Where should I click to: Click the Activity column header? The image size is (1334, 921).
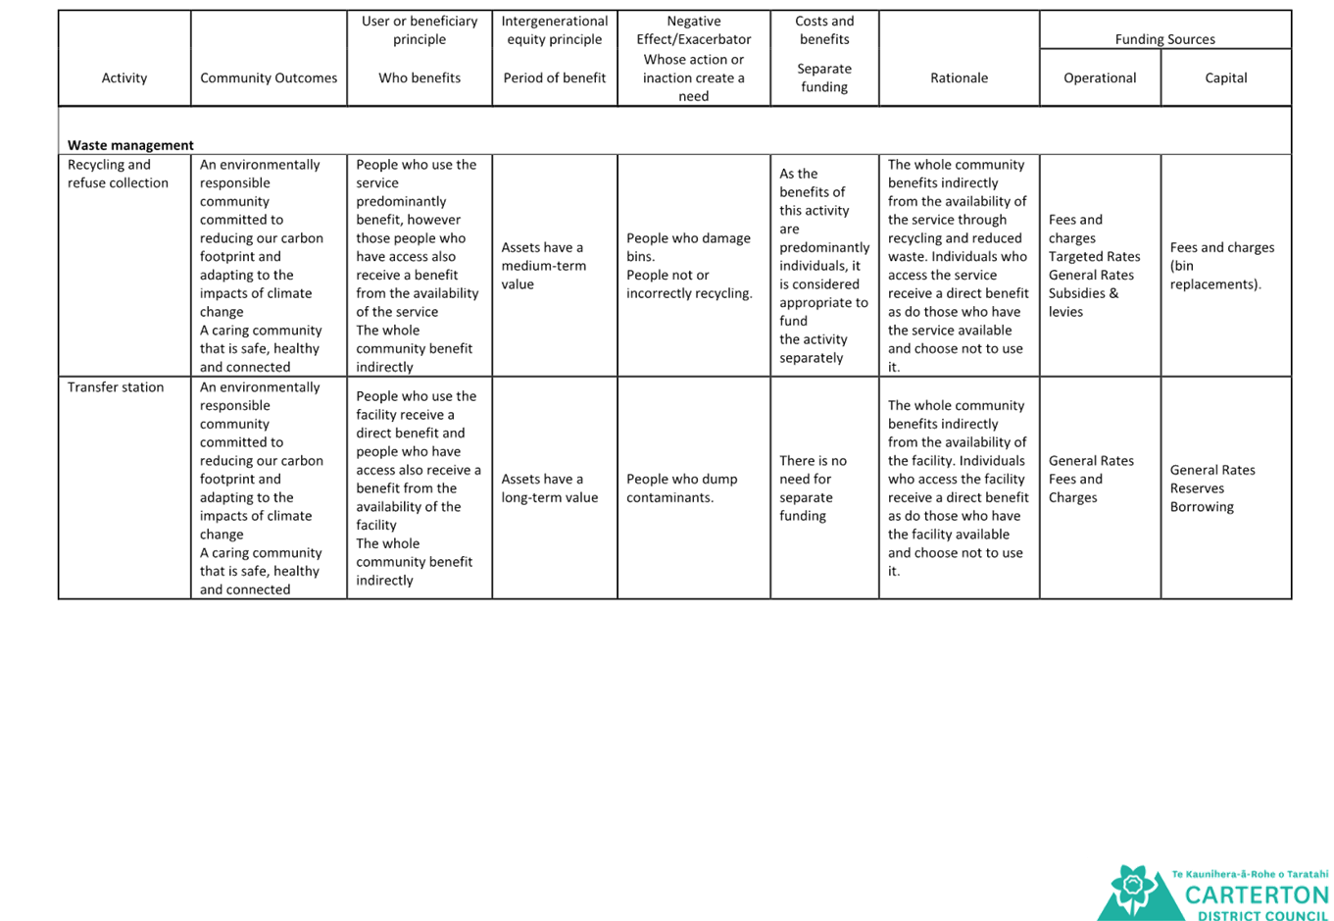[x=124, y=77]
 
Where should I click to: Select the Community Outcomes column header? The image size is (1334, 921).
[x=269, y=77]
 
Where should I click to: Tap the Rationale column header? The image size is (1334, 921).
[x=959, y=77]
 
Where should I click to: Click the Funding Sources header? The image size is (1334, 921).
[x=1164, y=39]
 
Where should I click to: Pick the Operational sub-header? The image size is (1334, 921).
[x=1100, y=77]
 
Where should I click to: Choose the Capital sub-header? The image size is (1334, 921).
[x=1225, y=77]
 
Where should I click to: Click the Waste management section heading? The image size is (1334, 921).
[x=130, y=145]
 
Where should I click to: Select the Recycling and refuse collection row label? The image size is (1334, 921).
[x=118, y=174]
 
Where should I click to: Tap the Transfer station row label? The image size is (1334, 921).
[x=116, y=386]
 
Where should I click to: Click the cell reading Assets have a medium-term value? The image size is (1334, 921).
[x=543, y=265]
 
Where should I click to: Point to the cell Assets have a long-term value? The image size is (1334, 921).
[x=549, y=487]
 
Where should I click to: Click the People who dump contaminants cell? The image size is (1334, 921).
[x=682, y=487]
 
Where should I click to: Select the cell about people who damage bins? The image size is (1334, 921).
[x=689, y=265]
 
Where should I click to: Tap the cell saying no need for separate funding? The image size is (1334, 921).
[x=813, y=487]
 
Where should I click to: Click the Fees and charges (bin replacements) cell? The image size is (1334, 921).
[x=1222, y=265]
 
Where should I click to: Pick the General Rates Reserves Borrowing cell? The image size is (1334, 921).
[x=1211, y=487]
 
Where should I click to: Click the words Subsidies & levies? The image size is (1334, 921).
[x=1083, y=302]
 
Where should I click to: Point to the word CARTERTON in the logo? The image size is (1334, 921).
[x=1257, y=895]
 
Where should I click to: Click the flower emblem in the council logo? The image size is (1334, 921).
[x=1133, y=887]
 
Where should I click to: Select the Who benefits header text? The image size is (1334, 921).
[x=420, y=77]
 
